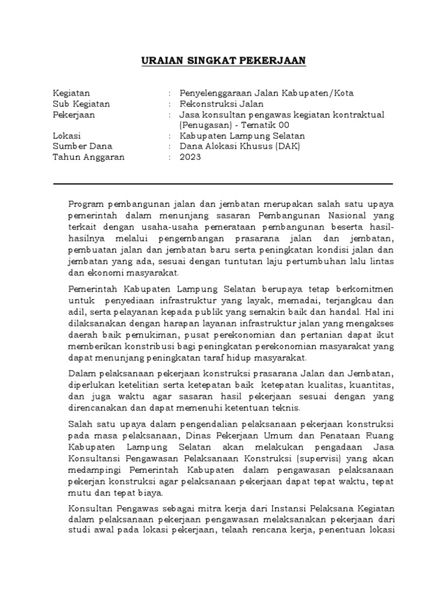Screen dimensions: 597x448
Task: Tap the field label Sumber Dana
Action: (82, 146)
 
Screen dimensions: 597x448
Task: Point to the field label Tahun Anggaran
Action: (89, 157)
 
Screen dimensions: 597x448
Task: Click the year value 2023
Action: (190, 157)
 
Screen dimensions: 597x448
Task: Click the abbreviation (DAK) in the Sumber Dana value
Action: (286, 146)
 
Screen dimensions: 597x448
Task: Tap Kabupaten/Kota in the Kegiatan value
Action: (323, 93)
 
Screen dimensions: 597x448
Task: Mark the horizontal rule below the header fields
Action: (223, 184)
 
